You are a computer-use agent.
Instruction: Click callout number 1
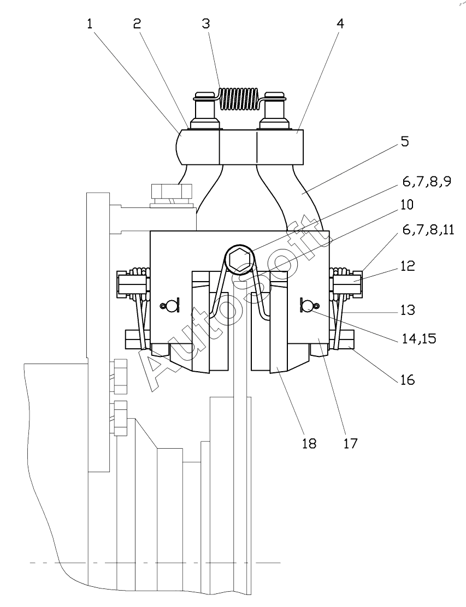click(90, 24)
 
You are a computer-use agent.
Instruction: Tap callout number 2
click(137, 24)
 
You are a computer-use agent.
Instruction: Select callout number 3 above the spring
click(206, 24)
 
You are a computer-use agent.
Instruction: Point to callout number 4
click(340, 24)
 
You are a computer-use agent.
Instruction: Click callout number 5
click(404, 141)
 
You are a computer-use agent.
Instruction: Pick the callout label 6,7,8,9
click(427, 181)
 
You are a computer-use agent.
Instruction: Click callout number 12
click(408, 265)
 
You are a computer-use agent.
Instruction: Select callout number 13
click(408, 310)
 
